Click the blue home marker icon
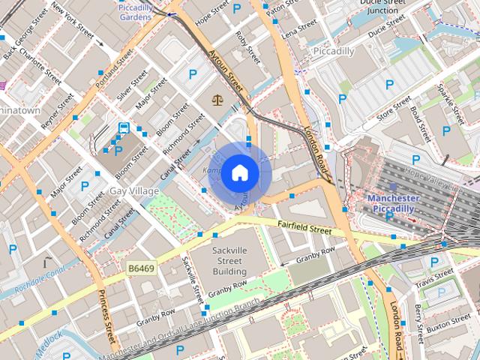click(239, 173)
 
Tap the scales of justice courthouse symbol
click(217, 97)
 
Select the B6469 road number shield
click(140, 267)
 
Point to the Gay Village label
click(134, 191)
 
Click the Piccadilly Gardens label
click(135, 11)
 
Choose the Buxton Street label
click(448, 325)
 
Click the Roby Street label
click(247, 46)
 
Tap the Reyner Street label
click(58, 110)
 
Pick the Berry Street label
click(418, 316)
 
